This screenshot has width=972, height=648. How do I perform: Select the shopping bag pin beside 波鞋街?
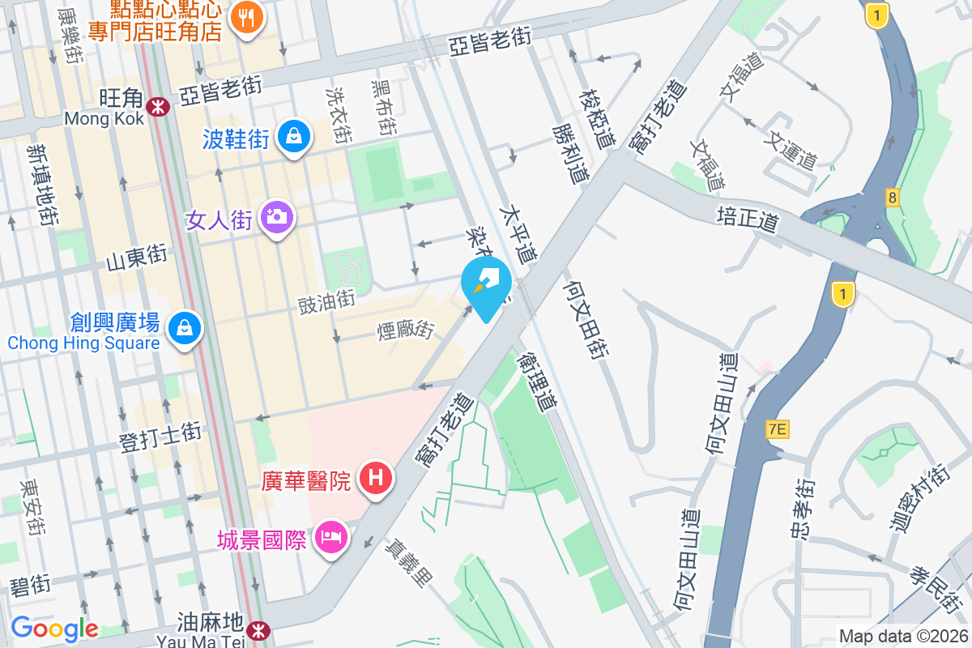coord(292,136)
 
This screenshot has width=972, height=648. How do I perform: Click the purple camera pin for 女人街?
coord(277,216)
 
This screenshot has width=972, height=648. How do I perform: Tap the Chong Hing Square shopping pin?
coord(185,328)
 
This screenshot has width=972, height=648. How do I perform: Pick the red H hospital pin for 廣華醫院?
coord(376,477)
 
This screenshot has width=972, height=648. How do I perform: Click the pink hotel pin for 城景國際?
coord(331,536)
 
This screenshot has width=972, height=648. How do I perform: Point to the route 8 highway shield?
coord(893,197)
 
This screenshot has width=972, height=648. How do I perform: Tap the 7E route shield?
coord(778,429)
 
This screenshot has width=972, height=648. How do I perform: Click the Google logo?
coord(54,628)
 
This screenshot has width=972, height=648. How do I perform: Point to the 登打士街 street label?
coord(160,439)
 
